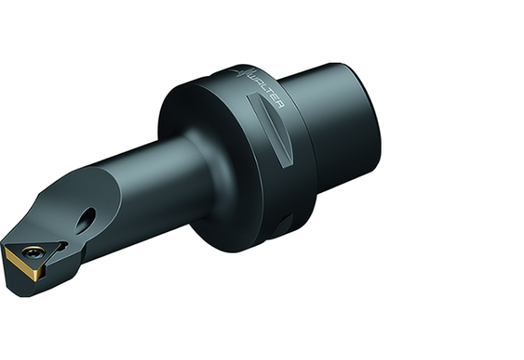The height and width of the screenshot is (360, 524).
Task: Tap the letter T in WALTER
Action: (267, 93)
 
